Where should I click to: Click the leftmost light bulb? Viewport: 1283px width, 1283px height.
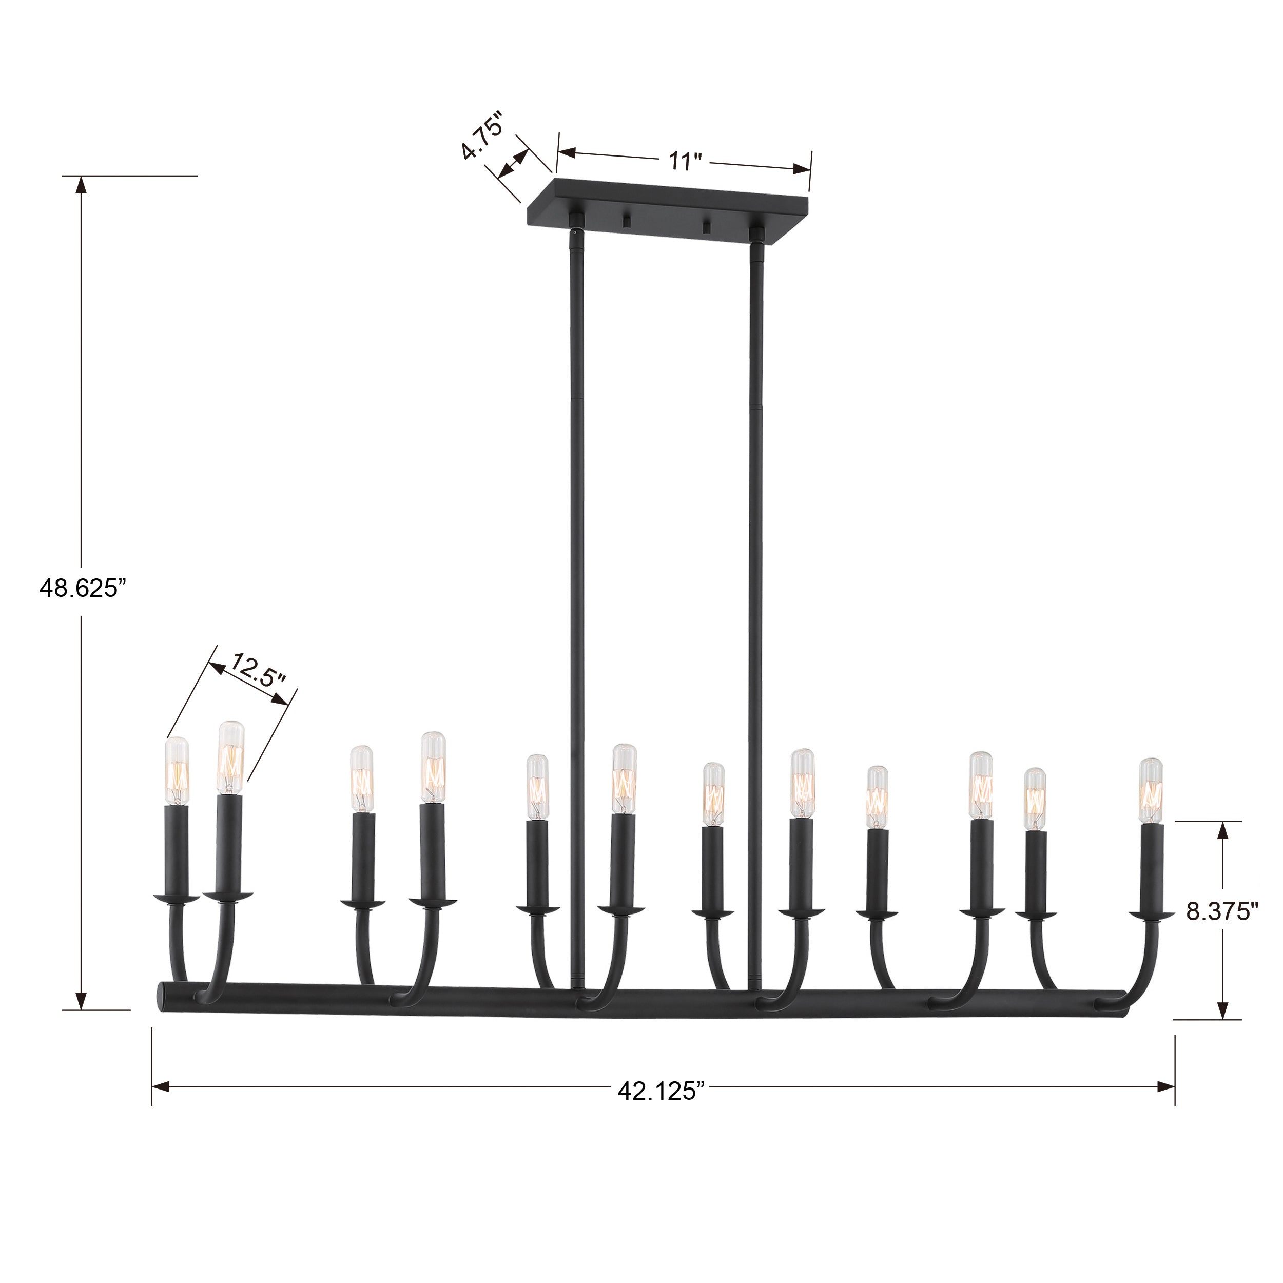click(177, 770)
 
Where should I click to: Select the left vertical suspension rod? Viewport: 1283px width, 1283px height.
click(576, 598)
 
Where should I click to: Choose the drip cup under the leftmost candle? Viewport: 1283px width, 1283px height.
click(177, 899)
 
